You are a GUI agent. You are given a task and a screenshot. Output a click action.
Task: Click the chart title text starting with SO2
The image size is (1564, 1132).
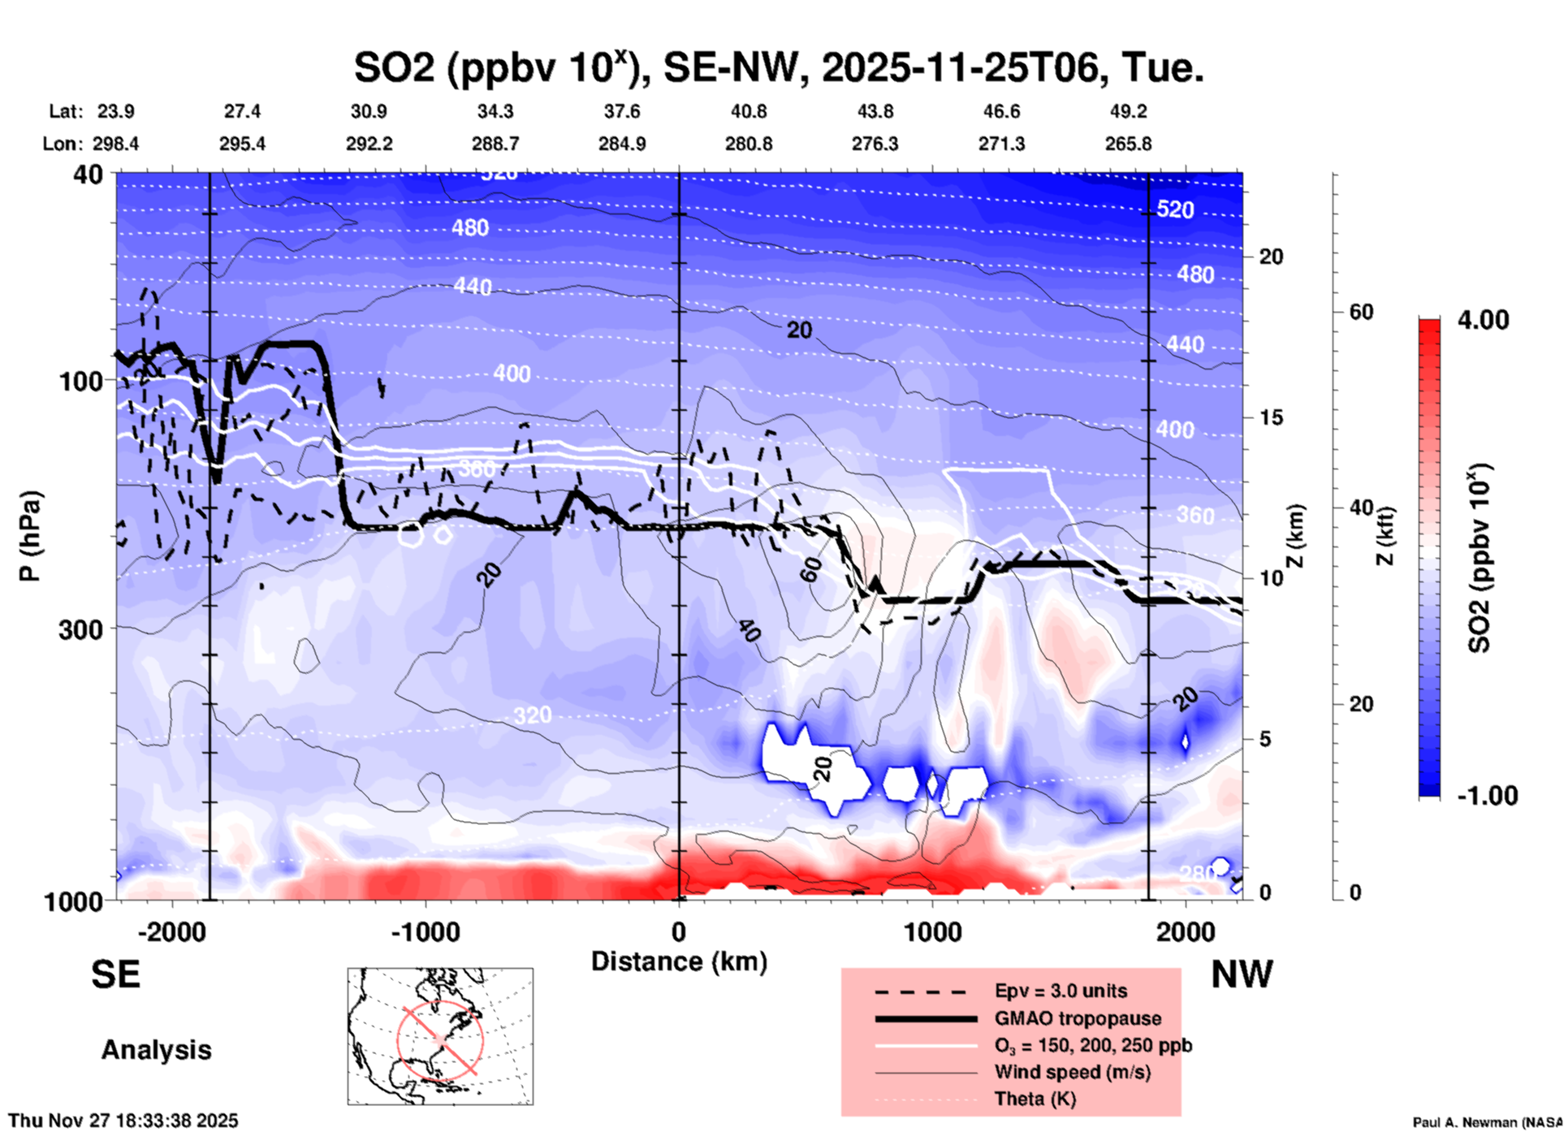point(778,67)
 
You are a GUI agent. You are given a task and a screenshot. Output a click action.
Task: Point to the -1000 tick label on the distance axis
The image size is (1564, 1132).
point(426,931)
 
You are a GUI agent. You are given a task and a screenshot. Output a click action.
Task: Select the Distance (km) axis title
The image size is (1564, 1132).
point(679,961)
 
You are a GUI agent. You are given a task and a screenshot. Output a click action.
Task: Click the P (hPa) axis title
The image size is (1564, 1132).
point(30,536)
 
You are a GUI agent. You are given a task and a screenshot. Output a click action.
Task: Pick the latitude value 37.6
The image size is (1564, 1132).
point(621,111)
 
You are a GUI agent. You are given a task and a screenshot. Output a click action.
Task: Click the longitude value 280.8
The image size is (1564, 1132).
point(748,144)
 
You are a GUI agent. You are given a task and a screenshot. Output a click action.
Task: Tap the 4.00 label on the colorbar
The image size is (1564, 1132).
point(1483,320)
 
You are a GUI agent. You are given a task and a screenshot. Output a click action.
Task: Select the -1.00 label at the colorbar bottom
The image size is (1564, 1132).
point(1487,795)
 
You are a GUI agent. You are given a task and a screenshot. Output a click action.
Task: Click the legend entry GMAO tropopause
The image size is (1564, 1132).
point(1077,1018)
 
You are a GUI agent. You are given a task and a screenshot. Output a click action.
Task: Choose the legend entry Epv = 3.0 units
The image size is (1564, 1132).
point(1060,991)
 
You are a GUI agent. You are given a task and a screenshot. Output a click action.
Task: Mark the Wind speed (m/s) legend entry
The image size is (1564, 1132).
point(1072,1072)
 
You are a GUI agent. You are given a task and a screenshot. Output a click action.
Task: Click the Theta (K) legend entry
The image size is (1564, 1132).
point(1035,1099)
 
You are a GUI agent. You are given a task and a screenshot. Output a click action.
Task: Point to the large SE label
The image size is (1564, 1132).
point(115,974)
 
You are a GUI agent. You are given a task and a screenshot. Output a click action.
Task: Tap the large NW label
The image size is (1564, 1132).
point(1242,974)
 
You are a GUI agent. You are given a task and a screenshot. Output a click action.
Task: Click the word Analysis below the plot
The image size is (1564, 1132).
point(156,1049)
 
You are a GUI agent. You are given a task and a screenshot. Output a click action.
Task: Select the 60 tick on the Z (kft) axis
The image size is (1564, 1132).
point(1361,312)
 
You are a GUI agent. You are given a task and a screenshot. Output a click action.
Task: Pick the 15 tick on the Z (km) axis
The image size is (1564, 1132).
point(1271,417)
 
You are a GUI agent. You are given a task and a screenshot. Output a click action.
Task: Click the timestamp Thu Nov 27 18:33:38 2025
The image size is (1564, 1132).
point(123,1121)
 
